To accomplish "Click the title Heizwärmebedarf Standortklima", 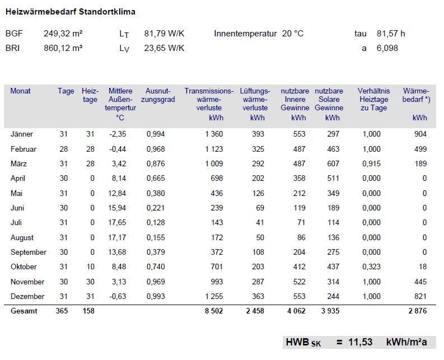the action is [71, 12].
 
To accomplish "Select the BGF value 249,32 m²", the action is [63, 34].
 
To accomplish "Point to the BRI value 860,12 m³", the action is [63, 48].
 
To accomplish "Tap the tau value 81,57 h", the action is [391, 34].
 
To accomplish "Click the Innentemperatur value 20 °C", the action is [292, 34].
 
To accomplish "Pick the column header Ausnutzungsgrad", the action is [158, 95].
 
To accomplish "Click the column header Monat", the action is [20, 91].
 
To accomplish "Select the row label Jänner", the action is [22, 134].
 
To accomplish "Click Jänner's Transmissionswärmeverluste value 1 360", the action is [214, 134].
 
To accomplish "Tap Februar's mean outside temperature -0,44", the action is [118, 149].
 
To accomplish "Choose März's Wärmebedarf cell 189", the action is [420, 163].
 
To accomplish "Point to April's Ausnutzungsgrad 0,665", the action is [156, 179].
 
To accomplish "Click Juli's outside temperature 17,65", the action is [117, 223].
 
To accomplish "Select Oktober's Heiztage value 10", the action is [91, 267].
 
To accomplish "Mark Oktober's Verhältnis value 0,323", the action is [372, 267].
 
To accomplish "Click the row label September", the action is [29, 253].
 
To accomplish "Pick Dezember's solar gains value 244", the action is [333, 296].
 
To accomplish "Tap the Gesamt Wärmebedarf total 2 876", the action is [418, 311].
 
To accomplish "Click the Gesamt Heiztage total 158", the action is [88, 311].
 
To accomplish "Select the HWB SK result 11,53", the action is [361, 342].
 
